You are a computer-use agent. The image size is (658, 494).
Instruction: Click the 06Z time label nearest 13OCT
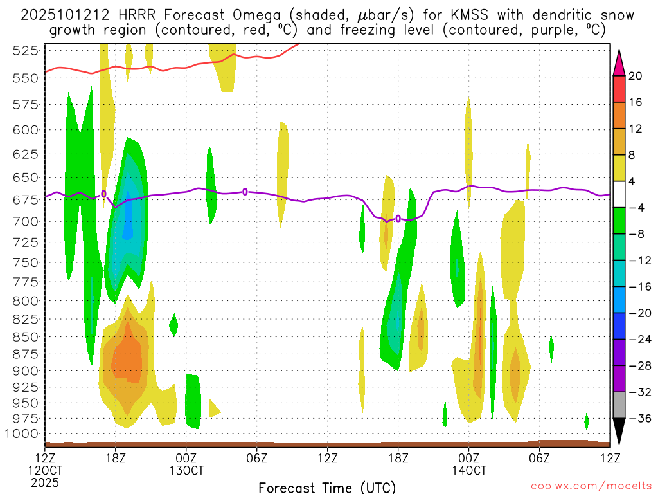tap(257, 458)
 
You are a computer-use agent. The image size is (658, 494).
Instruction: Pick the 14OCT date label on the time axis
tap(468, 470)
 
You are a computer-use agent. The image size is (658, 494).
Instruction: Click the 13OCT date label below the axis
tap(186, 470)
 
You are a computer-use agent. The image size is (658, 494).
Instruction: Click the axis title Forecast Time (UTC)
tap(327, 487)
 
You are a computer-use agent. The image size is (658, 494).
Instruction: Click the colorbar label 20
tap(636, 76)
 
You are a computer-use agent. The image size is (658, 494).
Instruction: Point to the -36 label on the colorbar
tap(636, 418)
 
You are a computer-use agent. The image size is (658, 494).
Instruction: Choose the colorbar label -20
tap(636, 313)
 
